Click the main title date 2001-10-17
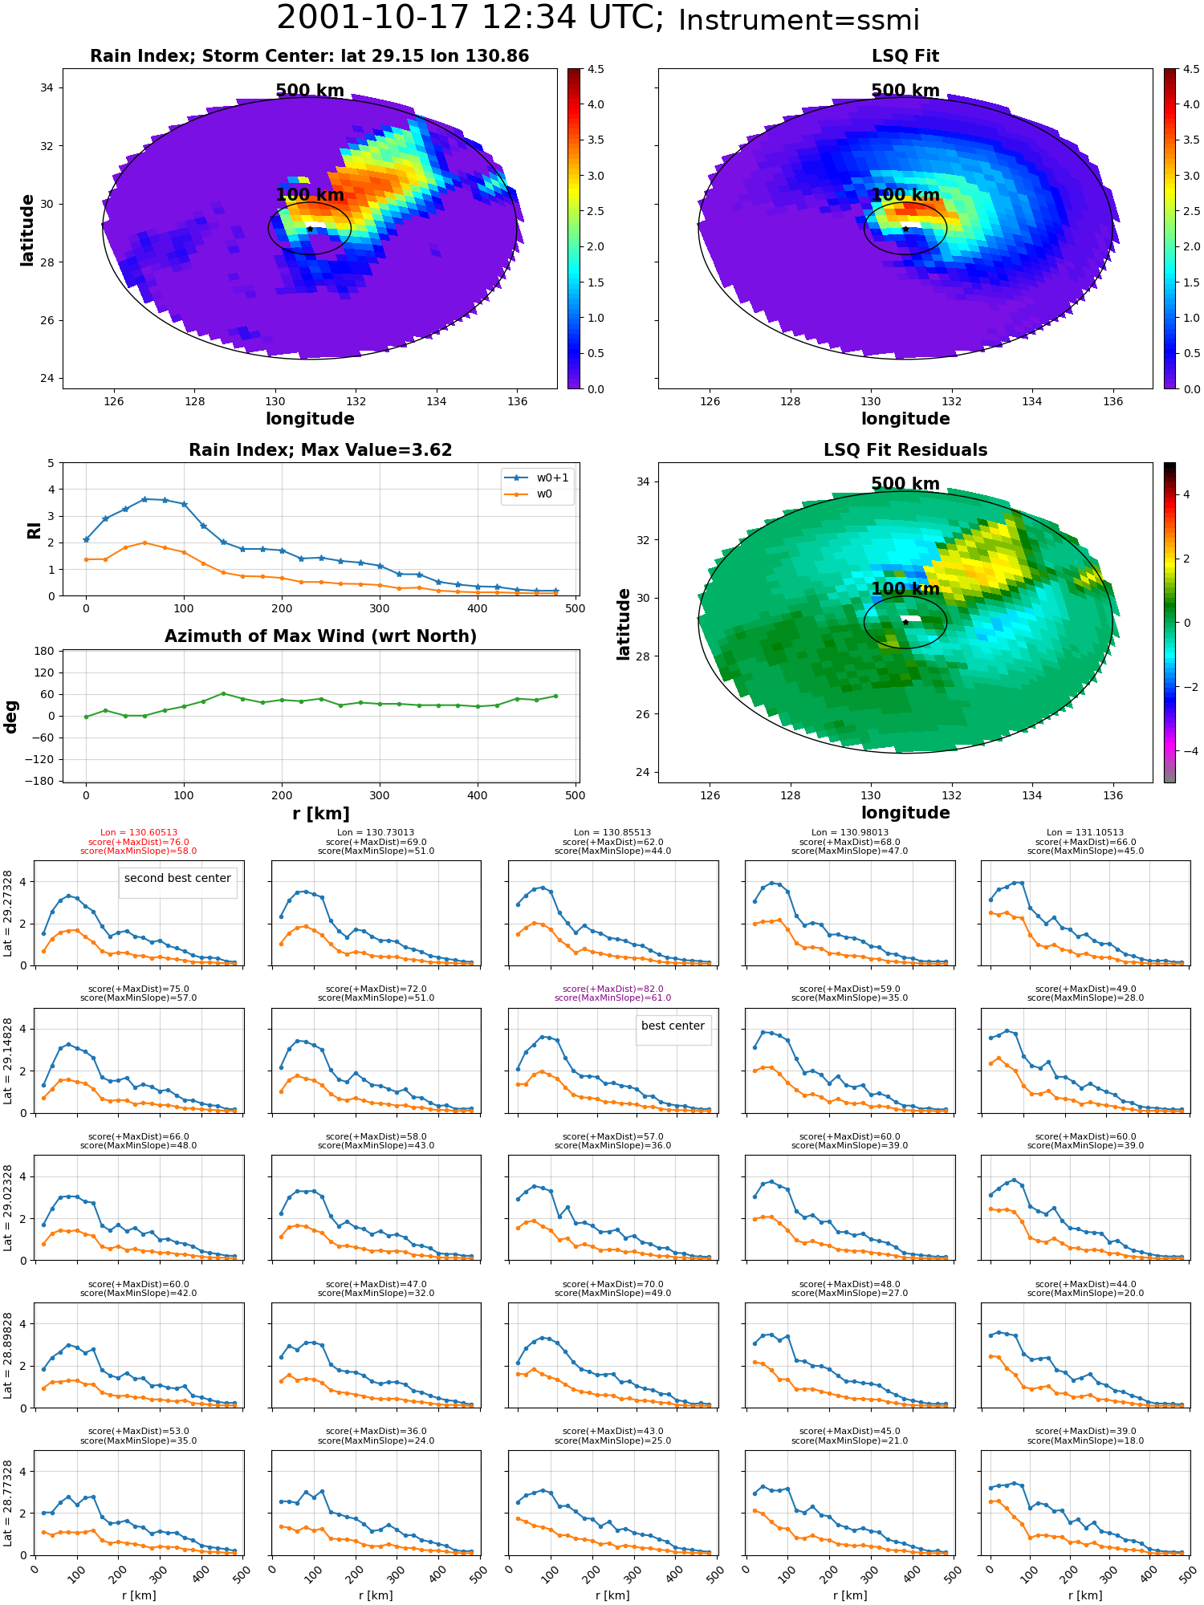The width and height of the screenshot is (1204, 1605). click(388, 18)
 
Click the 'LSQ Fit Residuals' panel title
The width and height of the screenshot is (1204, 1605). click(905, 450)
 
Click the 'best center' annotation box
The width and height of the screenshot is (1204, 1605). click(673, 1026)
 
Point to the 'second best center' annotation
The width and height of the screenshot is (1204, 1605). click(177, 878)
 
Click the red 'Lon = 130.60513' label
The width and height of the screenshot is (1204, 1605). click(139, 833)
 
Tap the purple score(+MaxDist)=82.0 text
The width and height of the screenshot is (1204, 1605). click(612, 989)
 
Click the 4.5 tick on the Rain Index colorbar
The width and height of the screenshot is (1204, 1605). click(596, 69)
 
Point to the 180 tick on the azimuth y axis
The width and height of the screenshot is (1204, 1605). click(45, 651)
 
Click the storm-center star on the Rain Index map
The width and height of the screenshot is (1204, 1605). click(310, 229)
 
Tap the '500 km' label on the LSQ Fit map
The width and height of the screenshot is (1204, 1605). click(905, 91)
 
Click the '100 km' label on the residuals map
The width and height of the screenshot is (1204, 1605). click(905, 588)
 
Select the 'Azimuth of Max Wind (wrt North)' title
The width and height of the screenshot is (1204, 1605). click(320, 636)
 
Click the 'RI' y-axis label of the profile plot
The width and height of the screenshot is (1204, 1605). click(34, 530)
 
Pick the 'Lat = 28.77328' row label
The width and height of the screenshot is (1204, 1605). click(8, 1503)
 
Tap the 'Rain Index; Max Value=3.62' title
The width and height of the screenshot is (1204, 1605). click(320, 450)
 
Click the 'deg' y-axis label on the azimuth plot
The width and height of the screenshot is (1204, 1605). click(10, 717)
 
